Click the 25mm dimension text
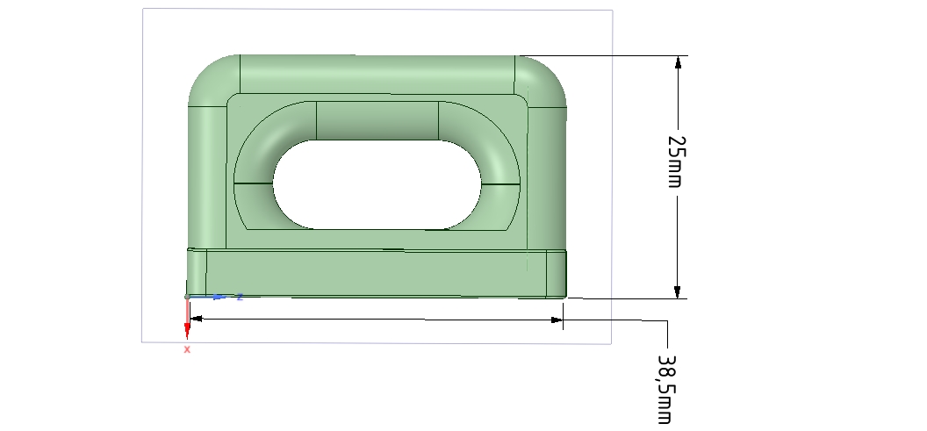676,161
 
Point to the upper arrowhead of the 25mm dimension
677,63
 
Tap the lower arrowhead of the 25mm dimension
677,291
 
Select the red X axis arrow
187,327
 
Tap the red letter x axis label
187,349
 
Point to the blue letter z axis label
239,297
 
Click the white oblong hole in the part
377,184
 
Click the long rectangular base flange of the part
377,273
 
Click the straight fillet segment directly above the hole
377,120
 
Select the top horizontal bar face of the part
377,75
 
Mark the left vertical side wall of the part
206,176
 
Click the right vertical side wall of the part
549,176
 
